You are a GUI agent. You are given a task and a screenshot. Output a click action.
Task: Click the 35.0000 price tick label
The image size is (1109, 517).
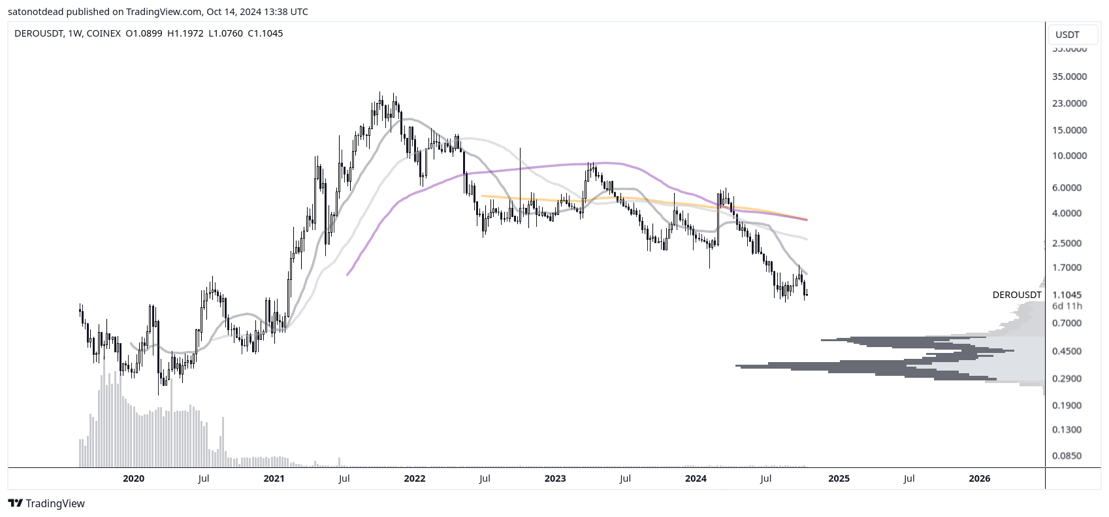point(1069,76)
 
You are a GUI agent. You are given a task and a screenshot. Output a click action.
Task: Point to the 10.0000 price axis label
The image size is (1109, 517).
point(1069,156)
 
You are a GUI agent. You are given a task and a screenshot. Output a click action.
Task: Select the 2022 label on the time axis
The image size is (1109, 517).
point(415,478)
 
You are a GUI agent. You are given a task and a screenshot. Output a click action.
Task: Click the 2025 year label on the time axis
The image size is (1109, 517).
point(839,478)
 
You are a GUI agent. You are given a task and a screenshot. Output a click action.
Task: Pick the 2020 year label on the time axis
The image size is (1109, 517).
point(133,478)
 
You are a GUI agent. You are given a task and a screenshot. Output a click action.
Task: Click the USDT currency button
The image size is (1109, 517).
point(1067,35)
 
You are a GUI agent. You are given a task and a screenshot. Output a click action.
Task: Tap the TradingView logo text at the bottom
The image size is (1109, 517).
point(46,503)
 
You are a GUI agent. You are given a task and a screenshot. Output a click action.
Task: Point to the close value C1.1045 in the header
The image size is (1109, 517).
point(265,33)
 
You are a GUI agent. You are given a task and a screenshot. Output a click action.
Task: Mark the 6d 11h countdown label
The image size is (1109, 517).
point(1067,306)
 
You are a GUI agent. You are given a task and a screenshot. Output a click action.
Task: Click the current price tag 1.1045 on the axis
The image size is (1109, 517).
point(1067,295)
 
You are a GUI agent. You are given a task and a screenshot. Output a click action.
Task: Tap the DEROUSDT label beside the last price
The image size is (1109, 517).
point(1017,295)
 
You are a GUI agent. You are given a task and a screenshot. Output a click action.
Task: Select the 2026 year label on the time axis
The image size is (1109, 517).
point(979,478)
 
